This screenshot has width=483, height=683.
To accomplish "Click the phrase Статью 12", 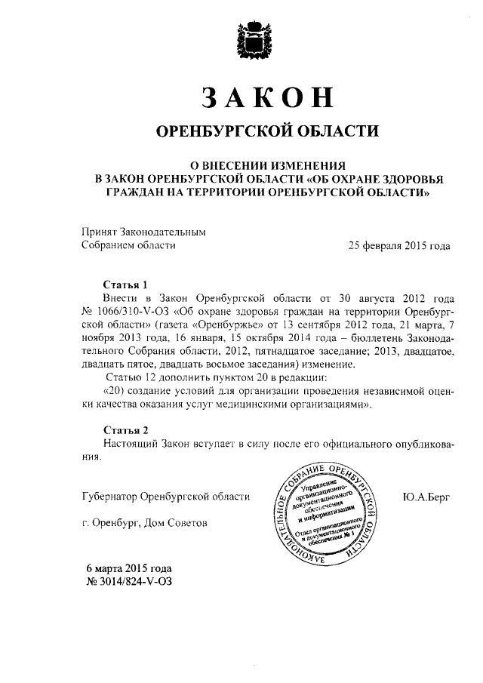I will pyautogui.click(x=130, y=377).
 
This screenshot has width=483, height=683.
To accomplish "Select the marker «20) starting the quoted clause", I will pyautogui.click(x=114, y=391).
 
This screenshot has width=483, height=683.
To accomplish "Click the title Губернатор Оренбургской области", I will pyautogui.click(x=165, y=496).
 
